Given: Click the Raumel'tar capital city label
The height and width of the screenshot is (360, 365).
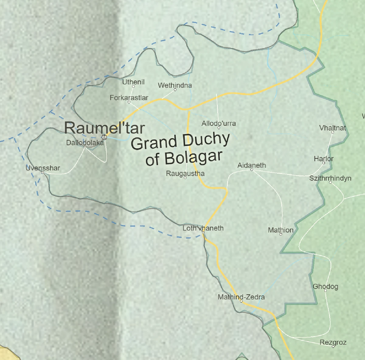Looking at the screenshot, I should click(x=104, y=128).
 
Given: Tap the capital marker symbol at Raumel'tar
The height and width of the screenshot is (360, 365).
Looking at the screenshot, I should click(x=104, y=137).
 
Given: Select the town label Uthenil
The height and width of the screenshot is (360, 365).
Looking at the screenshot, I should click(x=133, y=82).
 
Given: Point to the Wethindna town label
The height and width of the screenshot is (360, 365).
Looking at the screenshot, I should click(x=175, y=85).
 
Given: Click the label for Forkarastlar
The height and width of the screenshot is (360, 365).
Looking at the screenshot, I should click(x=129, y=98).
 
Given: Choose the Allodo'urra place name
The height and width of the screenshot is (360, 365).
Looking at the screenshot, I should click(x=218, y=123).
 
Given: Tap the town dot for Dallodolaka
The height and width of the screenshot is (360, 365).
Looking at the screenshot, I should click(x=85, y=147).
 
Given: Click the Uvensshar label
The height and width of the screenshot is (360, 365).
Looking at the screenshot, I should click(x=43, y=168).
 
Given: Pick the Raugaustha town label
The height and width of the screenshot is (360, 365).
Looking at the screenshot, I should click(x=185, y=174).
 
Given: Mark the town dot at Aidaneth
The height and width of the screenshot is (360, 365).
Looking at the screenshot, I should click(x=252, y=170).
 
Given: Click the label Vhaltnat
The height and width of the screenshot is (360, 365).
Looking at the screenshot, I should click(x=332, y=128).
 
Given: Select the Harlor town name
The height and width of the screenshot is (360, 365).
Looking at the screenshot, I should click(x=324, y=159).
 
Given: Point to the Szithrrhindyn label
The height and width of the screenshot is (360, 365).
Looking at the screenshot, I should click(x=330, y=178).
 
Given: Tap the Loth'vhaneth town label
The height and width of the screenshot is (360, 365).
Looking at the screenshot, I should click(x=203, y=228).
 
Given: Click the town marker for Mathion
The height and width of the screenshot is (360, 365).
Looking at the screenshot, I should click(x=280, y=234).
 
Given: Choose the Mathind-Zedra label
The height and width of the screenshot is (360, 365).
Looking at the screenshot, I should click(x=241, y=297).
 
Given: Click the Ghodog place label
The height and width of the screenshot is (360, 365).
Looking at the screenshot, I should click(x=325, y=286).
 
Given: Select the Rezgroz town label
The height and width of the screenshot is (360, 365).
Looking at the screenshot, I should click(x=333, y=342).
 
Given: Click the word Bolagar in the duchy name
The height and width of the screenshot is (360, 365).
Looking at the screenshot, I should click(x=193, y=157).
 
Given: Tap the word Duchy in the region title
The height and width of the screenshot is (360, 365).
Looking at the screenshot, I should click(x=206, y=140).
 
